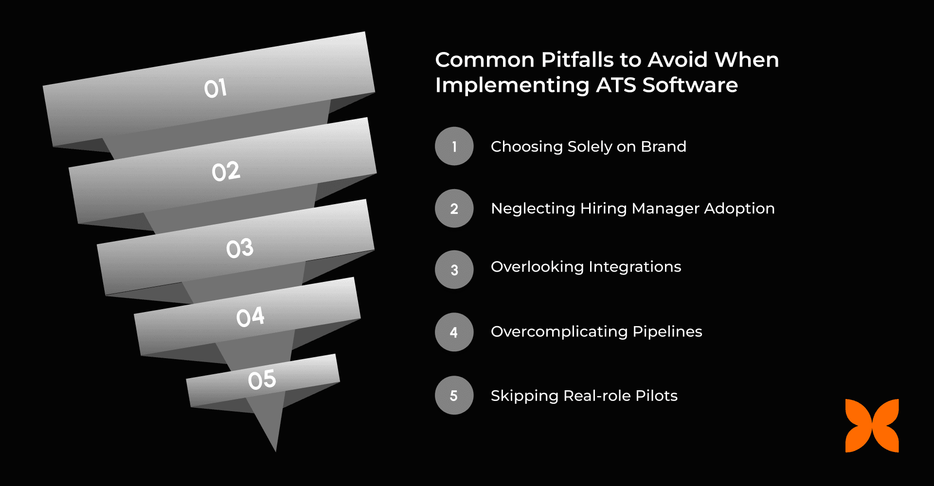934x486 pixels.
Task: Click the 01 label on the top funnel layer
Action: (x=215, y=88)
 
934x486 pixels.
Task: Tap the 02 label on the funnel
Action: (x=226, y=172)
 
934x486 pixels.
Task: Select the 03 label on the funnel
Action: (x=239, y=248)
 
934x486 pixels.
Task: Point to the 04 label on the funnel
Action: (x=250, y=317)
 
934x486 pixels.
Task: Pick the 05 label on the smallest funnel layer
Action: (x=262, y=380)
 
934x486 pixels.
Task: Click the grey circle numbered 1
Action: (x=454, y=146)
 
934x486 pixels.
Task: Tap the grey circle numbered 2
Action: (x=454, y=208)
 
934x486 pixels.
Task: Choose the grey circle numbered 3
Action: (x=454, y=270)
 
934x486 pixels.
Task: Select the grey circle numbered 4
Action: (x=454, y=332)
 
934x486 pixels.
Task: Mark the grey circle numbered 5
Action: (x=454, y=395)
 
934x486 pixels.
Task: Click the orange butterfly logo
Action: (x=872, y=426)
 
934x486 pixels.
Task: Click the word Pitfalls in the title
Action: (x=577, y=60)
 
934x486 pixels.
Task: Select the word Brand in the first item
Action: (x=663, y=146)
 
